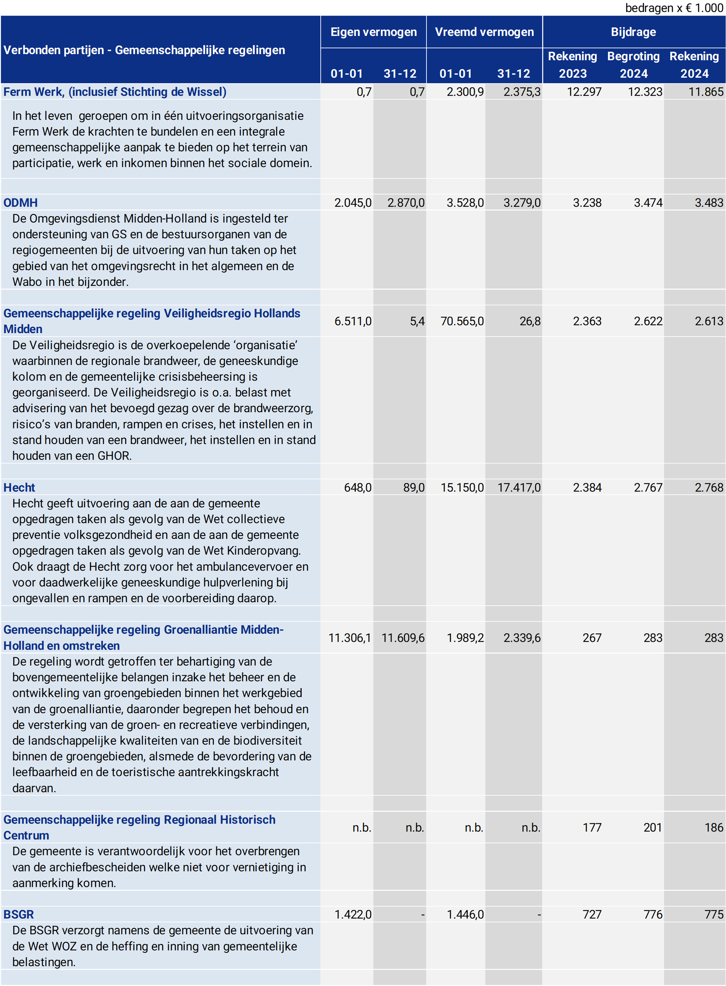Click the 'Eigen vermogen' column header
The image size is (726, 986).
[x=374, y=32]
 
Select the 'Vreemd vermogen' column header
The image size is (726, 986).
[x=484, y=32]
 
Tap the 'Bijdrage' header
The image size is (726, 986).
[x=633, y=32]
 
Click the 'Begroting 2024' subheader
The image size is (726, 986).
[x=633, y=64]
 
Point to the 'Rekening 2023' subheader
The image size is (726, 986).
[x=572, y=64]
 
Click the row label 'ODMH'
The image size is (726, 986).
[x=21, y=203]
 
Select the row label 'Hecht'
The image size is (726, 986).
[x=19, y=487]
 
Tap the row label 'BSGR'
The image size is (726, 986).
[x=19, y=914]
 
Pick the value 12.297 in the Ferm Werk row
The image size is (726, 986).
[x=584, y=92]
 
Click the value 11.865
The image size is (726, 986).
[x=706, y=92]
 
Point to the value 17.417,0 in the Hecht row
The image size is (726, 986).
[x=519, y=487]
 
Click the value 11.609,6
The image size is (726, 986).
[x=403, y=638]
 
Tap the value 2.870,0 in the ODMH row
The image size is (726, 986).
[x=406, y=203]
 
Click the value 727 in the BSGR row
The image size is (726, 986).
[x=592, y=914]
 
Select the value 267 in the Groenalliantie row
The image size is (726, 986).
[x=592, y=638]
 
